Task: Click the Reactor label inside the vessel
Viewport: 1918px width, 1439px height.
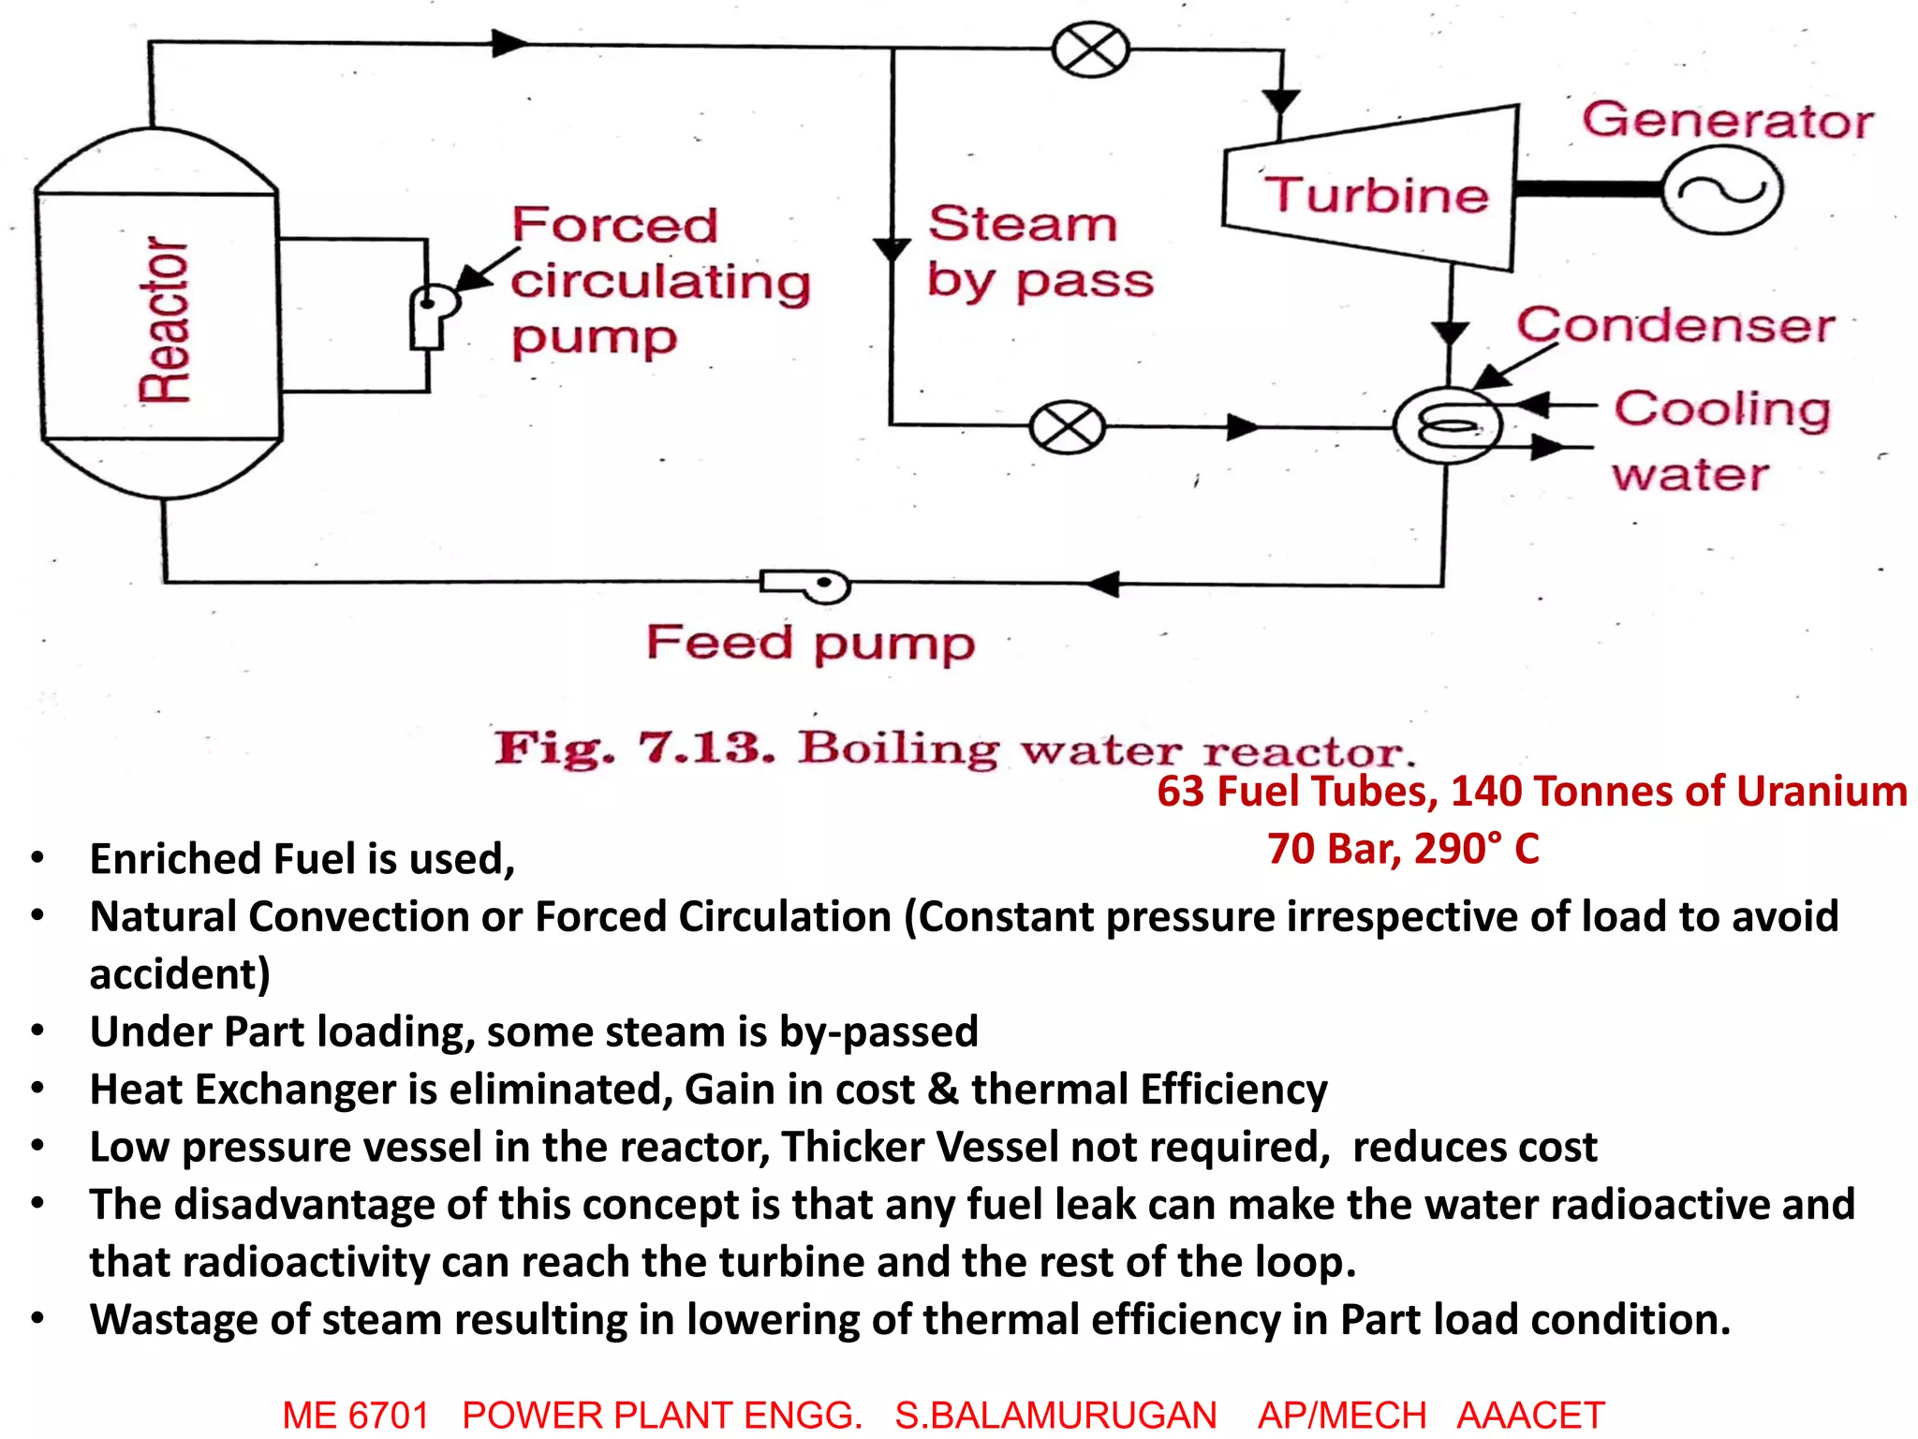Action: [x=164, y=320]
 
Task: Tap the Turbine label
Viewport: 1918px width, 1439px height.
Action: [x=1376, y=195]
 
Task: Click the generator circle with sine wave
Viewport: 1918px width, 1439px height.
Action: [x=1722, y=190]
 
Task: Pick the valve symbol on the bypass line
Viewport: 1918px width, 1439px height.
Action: [x=1067, y=427]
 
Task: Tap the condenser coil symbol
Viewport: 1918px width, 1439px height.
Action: [x=1448, y=425]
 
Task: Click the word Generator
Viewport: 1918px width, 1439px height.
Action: [x=1728, y=121]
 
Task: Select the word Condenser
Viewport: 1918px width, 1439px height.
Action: [x=1675, y=325]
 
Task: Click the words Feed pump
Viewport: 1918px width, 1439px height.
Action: [x=810, y=644]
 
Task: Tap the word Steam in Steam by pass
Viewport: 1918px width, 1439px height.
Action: [x=1023, y=224]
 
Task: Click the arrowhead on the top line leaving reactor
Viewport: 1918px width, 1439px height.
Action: [x=509, y=43]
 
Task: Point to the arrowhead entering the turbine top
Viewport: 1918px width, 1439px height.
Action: [x=1281, y=101]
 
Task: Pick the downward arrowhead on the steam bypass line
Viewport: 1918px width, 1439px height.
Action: [x=892, y=249]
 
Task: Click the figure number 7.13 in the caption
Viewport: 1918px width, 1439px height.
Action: [x=707, y=748]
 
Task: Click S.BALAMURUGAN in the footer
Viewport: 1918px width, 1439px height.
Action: [x=1055, y=1415]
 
